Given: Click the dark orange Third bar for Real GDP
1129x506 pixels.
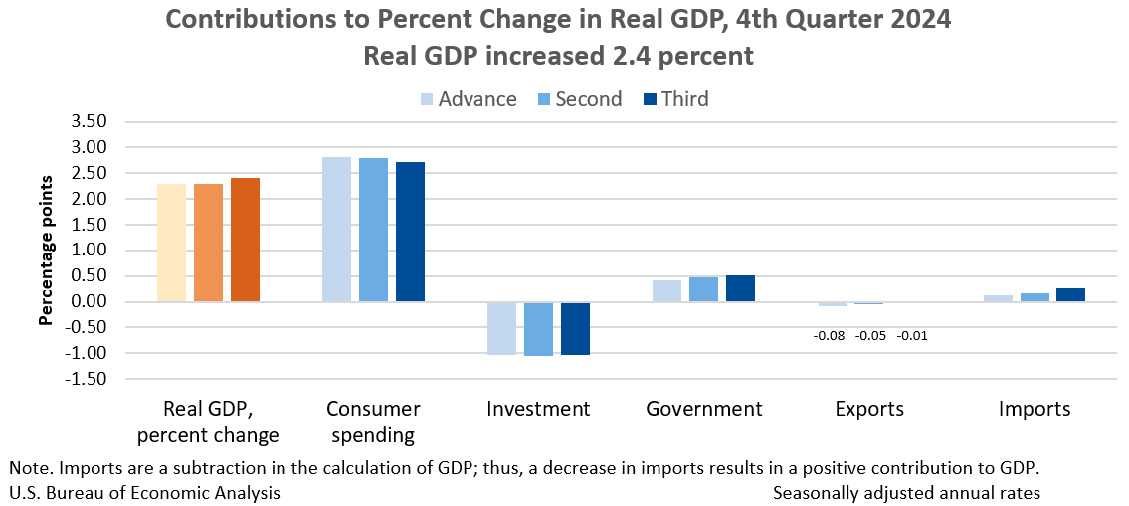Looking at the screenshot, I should click(245, 240).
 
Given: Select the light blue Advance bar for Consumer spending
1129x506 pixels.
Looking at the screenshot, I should click(336, 230).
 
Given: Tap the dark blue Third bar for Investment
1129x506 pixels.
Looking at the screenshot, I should click(575, 328).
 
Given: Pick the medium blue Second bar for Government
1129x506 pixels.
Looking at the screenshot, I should click(704, 289).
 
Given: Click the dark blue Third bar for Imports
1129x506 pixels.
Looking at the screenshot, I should click(1070, 295).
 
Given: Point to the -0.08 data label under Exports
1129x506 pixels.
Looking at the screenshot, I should click(829, 335).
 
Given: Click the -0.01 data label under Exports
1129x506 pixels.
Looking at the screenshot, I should click(912, 335).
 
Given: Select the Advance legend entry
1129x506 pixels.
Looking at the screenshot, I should click(468, 99).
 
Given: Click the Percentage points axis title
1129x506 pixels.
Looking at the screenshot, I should click(46, 251).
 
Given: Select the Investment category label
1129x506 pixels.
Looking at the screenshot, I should click(538, 409).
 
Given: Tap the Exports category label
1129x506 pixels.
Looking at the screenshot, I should click(869, 409).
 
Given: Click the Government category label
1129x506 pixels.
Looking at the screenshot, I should click(703, 409).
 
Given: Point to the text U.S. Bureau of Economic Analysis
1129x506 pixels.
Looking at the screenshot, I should click(144, 492).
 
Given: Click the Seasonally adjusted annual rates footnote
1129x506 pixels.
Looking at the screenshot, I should click(906, 492).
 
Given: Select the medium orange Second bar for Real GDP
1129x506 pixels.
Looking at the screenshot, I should click(208, 243).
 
